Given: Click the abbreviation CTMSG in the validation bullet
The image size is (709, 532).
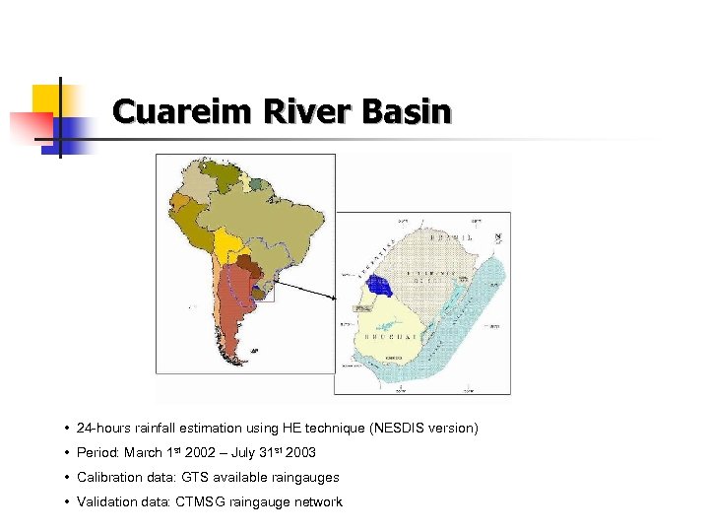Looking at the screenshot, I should point(201,502).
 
